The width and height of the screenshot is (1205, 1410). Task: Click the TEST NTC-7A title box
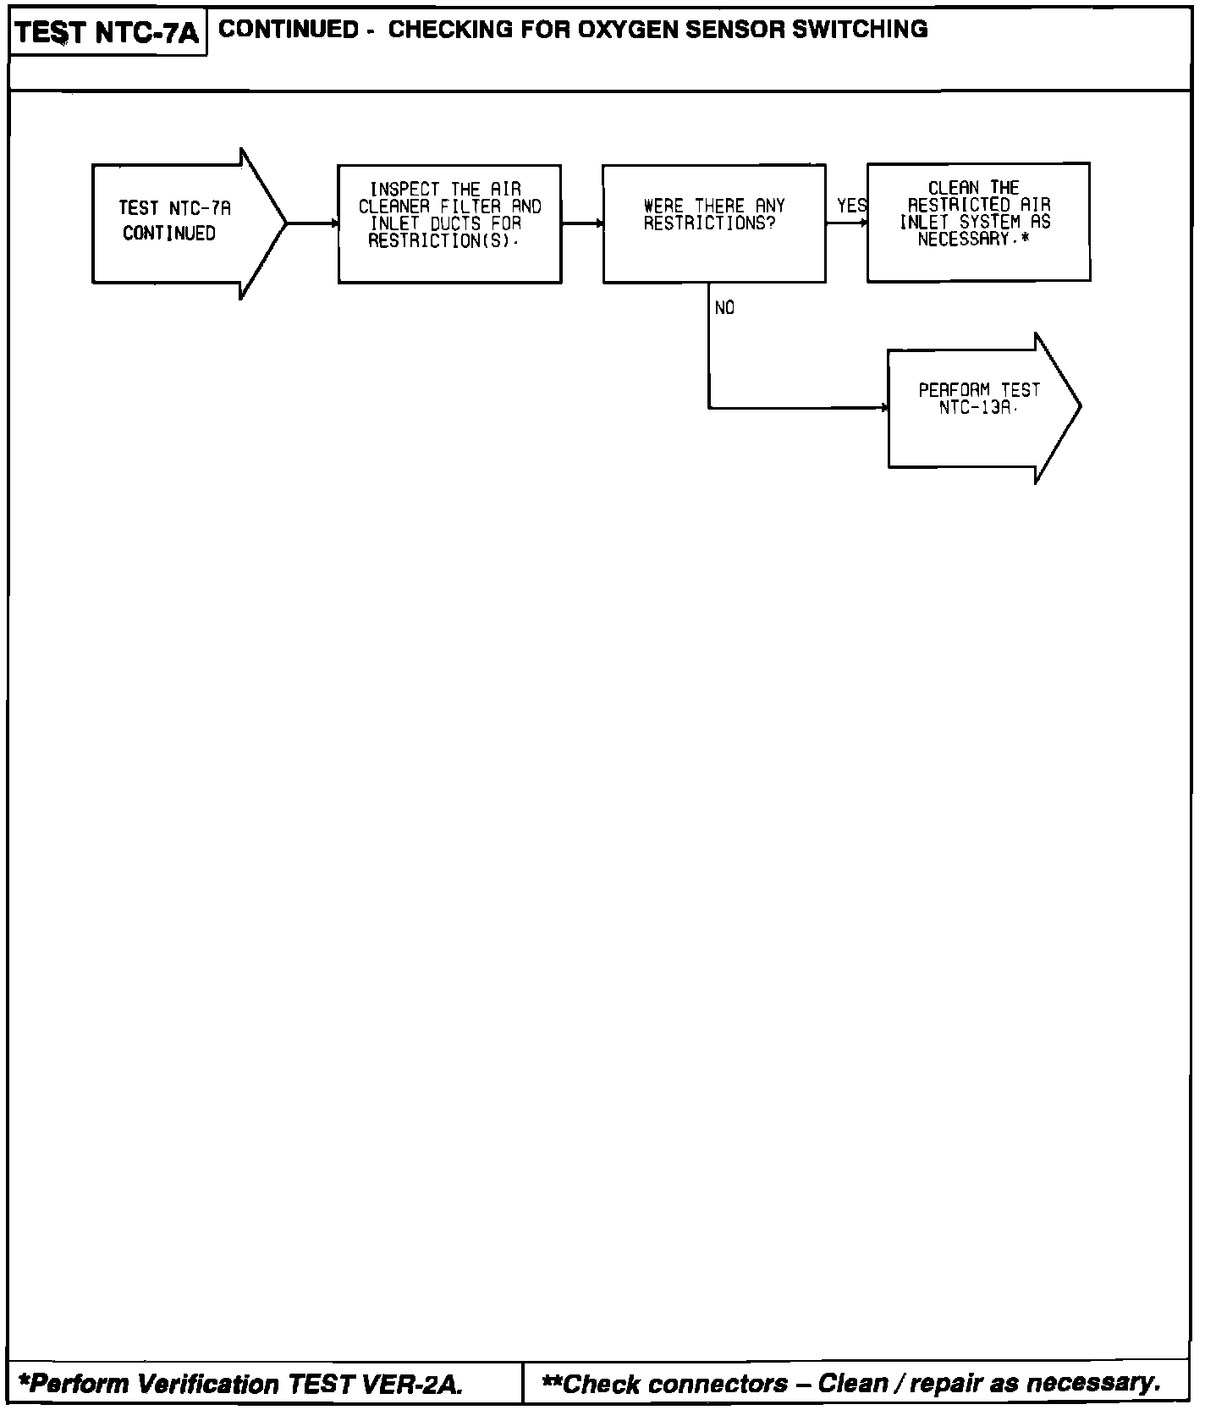107,33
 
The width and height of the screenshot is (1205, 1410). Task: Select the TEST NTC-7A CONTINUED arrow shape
186,223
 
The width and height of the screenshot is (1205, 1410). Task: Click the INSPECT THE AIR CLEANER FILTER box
449,223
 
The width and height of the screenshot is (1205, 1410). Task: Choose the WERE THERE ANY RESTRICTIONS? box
713,223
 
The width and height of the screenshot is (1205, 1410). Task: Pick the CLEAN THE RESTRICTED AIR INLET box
977,222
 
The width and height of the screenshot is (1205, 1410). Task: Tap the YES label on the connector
850,206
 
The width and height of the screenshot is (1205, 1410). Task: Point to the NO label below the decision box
724,308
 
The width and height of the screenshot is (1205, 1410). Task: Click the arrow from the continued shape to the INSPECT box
312,223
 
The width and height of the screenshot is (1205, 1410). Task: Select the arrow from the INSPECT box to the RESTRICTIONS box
582,223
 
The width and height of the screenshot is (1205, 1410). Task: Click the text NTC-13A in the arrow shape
976,408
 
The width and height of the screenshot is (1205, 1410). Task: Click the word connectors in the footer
717,1385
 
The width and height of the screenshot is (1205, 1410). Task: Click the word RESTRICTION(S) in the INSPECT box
440,241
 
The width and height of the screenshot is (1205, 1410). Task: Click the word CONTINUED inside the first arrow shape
169,234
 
